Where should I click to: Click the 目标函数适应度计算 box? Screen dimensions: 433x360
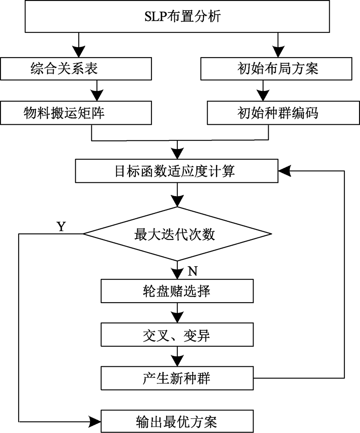pos(176,171)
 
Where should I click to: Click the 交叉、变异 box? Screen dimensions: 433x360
pos(176,335)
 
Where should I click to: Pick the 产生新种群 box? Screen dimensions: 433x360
pos(176,378)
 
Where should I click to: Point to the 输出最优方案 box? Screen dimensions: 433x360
pos(176,420)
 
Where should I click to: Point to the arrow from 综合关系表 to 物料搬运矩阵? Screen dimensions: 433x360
pos(98,91)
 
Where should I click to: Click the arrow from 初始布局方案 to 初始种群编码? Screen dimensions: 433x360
pos(261,91)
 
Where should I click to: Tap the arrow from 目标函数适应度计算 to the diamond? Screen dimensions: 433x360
pos(176,197)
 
